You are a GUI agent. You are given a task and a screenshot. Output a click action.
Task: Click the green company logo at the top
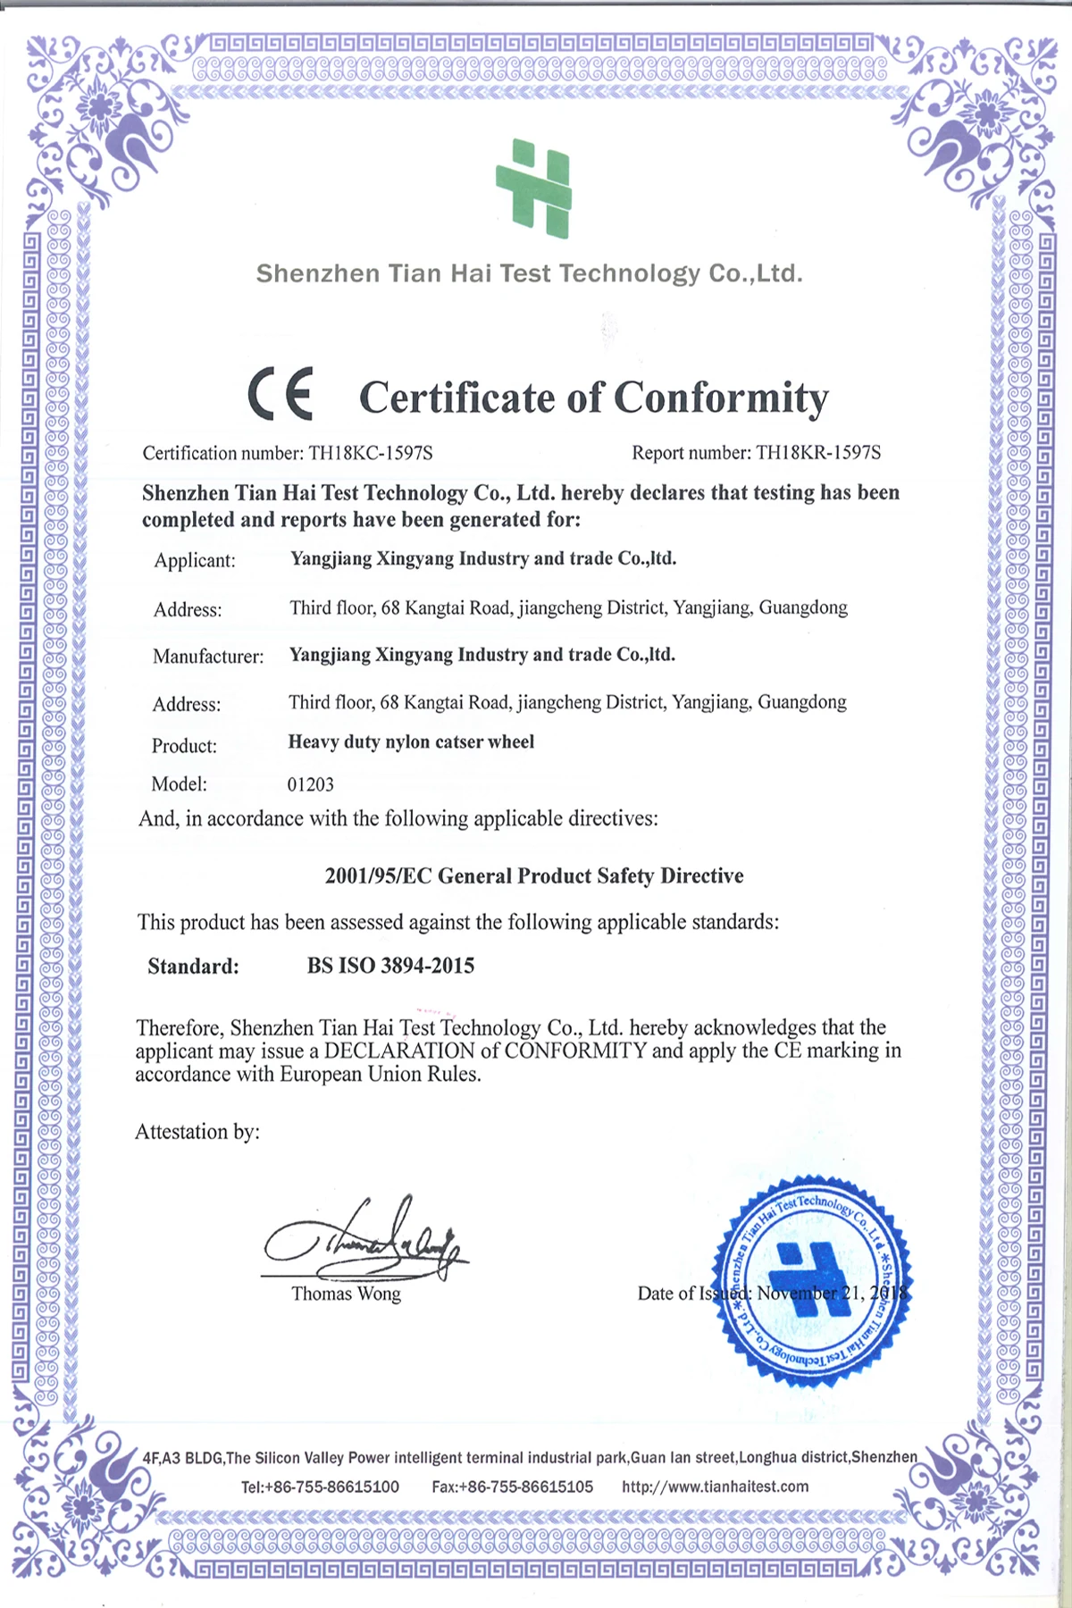[x=534, y=188]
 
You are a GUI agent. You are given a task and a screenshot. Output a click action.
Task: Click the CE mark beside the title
[x=280, y=394]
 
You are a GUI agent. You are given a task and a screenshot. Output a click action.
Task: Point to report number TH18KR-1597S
[x=817, y=453]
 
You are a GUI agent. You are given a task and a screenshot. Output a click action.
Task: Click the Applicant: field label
[x=195, y=561]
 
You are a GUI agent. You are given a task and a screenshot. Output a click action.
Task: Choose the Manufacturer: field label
[x=208, y=657]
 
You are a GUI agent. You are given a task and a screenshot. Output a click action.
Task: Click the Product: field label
[x=184, y=746]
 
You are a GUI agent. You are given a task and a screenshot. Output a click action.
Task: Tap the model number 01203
[x=310, y=784]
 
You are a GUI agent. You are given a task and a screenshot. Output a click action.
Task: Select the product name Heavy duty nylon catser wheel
[x=411, y=742]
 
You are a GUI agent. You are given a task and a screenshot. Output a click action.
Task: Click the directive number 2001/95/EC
[x=378, y=876]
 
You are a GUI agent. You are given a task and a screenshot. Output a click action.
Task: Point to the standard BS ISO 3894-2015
[x=390, y=966]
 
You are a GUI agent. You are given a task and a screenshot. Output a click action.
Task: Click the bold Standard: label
[x=193, y=967]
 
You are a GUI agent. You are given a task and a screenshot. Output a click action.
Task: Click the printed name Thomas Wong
[x=346, y=1294]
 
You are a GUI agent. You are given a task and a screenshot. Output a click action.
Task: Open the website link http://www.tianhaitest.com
[x=715, y=1487]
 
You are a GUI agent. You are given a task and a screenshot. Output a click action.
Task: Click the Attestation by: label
[x=197, y=1132]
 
